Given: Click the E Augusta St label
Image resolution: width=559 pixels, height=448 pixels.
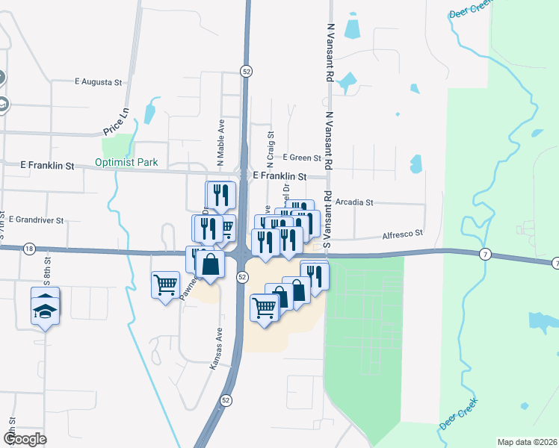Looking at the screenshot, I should pyautogui.click(x=98, y=81).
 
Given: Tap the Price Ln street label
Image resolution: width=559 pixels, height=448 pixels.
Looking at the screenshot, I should pyautogui.click(x=116, y=120).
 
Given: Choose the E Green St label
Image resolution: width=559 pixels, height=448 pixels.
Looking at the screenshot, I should pyautogui.click(x=302, y=158).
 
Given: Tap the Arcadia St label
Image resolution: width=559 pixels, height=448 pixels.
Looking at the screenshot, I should pyautogui.click(x=354, y=202).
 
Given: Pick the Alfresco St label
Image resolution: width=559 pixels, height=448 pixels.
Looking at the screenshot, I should pyautogui.click(x=403, y=234).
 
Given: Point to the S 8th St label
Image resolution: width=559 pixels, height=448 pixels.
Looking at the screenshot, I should pyautogui.click(x=46, y=271).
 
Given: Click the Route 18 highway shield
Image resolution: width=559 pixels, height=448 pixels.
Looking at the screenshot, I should pyautogui.click(x=29, y=248).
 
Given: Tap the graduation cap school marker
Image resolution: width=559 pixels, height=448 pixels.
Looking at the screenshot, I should pyautogui.click(x=45, y=305).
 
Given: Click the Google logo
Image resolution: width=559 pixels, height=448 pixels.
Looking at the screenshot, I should pyautogui.click(x=25, y=439).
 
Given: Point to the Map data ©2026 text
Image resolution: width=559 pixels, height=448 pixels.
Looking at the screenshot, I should pyautogui.click(x=527, y=442).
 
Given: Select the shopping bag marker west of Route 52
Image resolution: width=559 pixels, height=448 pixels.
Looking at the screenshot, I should pyautogui.click(x=210, y=265).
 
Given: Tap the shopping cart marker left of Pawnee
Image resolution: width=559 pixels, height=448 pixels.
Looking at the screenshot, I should pyautogui.click(x=165, y=284).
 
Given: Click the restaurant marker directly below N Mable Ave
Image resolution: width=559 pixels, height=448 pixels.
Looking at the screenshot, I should pyautogui.click(x=220, y=196).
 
